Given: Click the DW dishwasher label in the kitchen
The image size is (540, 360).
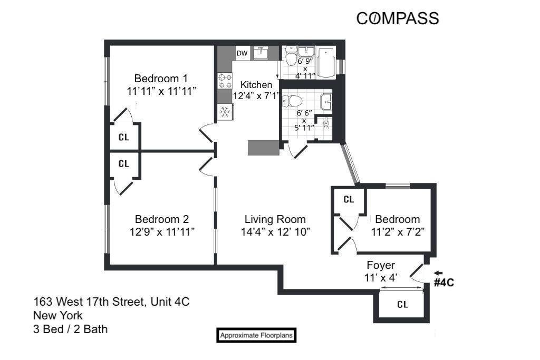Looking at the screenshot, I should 242,53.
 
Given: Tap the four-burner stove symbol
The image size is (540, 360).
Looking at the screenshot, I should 225,81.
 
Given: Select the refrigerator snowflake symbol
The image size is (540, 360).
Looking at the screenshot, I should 225,112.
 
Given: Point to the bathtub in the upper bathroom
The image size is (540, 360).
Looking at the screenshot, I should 326,62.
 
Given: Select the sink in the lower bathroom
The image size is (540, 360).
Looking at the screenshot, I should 326,100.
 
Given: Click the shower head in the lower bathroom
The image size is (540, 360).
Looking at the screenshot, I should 326,122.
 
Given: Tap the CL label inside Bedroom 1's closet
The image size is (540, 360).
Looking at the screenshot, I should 124,137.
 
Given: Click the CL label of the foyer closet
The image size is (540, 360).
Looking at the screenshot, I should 402,305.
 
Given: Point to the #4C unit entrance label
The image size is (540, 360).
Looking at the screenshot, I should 443,283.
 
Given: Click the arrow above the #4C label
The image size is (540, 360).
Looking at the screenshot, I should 439,273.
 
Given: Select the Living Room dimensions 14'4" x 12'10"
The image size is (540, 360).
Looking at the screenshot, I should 275,231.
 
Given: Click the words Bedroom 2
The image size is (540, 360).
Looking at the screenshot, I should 162,219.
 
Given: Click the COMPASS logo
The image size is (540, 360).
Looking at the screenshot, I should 398,18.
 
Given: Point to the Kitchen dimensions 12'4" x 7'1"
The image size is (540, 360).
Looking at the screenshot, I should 256,96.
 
